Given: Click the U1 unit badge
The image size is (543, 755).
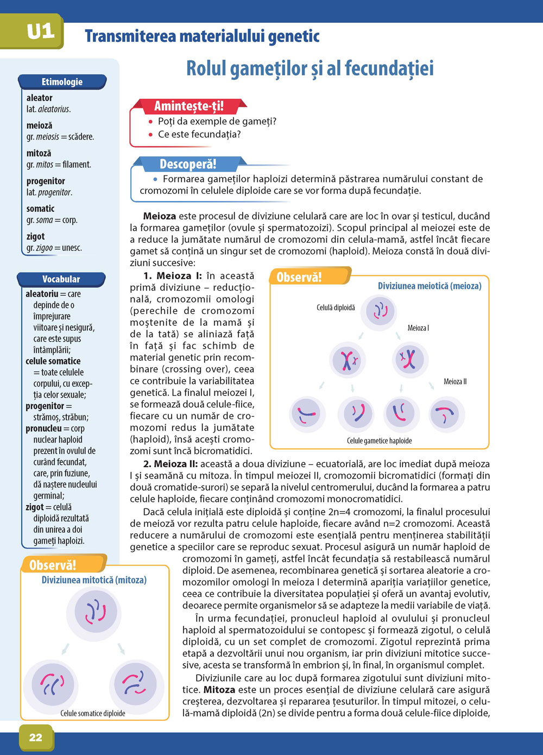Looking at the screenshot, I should [40, 32].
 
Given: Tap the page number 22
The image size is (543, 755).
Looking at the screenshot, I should [35, 737].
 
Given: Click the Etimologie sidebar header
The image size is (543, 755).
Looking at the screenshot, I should [62, 82].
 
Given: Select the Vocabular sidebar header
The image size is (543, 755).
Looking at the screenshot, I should [61, 279].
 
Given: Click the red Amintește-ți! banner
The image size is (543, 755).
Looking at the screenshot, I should [188, 106].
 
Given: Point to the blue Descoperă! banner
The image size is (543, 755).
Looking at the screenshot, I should [188, 164].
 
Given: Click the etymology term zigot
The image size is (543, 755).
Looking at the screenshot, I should [36, 236].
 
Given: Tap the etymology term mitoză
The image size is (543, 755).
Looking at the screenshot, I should [39, 153].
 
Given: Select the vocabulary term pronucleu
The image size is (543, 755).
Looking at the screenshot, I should [43, 429].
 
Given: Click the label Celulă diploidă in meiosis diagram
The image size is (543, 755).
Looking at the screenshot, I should [336, 307].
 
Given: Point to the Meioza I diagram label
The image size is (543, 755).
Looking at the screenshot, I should [418, 328].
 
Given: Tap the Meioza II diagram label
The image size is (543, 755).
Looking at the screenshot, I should [455, 381].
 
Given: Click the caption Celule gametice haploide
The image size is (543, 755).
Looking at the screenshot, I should [379, 441].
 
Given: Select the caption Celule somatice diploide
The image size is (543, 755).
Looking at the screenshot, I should [93, 713].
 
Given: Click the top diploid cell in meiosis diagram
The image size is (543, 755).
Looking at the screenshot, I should [380, 312].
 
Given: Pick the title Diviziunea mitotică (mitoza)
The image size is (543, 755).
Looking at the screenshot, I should [94, 580].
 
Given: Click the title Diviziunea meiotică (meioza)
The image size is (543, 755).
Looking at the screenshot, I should [430, 286].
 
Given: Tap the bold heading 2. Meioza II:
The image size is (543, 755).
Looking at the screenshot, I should [171, 464].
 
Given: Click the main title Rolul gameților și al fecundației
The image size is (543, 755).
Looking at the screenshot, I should [310, 69].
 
